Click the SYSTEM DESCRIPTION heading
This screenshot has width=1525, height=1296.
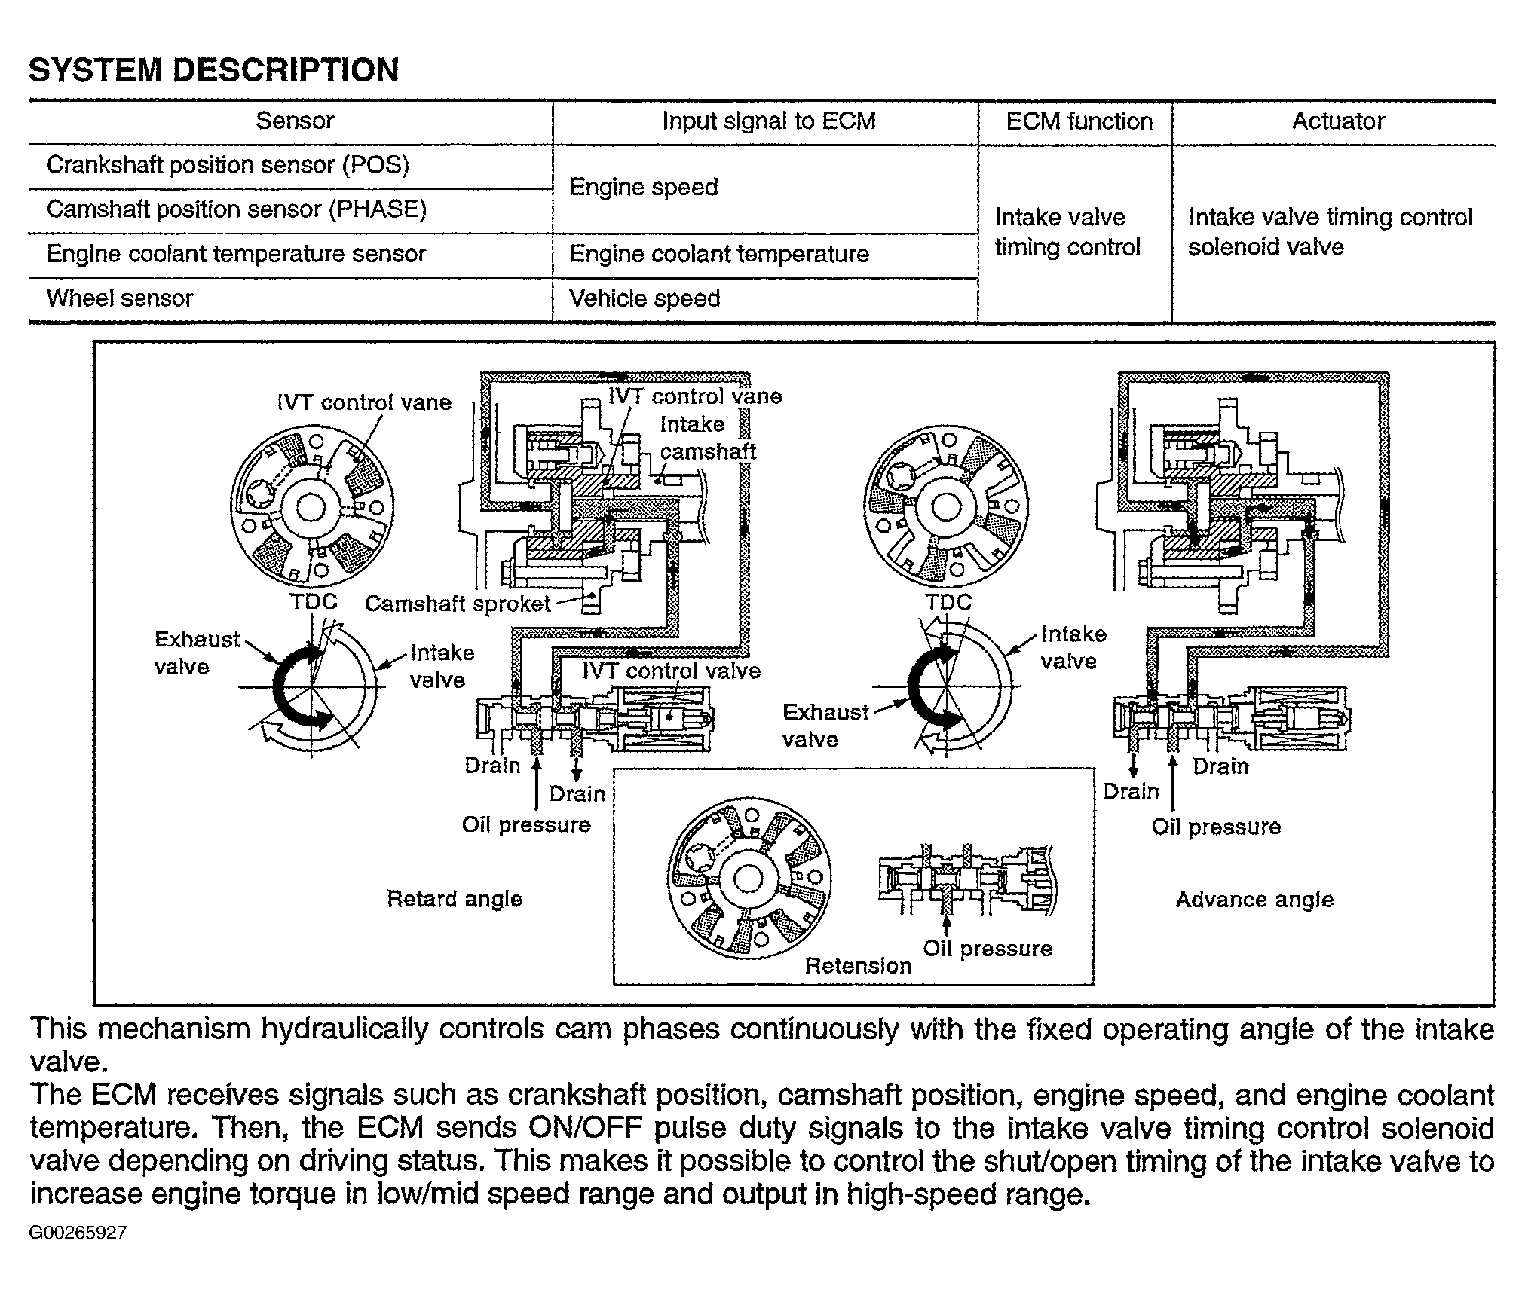(x=213, y=70)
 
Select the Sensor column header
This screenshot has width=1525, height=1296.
(x=294, y=121)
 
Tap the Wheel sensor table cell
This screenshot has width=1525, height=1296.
(x=120, y=298)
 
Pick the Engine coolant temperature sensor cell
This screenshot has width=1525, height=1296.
(x=236, y=254)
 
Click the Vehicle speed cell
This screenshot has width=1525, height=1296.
(x=645, y=298)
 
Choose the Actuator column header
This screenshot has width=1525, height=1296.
(x=1338, y=121)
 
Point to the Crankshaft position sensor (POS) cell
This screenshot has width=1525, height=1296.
(x=228, y=165)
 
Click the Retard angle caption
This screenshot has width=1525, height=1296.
(x=454, y=899)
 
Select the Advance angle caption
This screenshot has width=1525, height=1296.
(x=1254, y=900)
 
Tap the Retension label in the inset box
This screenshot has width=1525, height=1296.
(x=858, y=966)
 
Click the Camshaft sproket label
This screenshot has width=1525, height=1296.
(x=458, y=604)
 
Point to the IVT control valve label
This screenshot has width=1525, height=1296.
(x=671, y=671)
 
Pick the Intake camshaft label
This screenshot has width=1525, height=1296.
(x=707, y=438)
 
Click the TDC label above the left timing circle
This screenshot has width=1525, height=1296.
(x=314, y=602)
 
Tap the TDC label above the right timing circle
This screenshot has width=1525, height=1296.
(x=948, y=602)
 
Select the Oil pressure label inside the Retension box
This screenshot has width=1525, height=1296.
(x=988, y=949)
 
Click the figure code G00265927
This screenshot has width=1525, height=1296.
(x=78, y=1233)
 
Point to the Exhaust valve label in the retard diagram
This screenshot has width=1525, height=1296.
(x=196, y=653)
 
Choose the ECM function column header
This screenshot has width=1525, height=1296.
(x=1079, y=121)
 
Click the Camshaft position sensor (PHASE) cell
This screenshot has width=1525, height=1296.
(x=236, y=209)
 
